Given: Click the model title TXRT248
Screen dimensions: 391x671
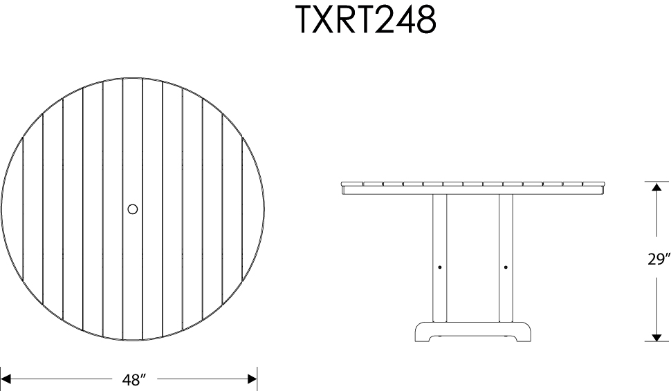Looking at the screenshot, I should (367, 20).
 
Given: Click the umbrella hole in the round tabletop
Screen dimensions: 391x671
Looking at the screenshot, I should (133, 209).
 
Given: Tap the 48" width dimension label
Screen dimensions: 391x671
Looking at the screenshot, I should (131, 379).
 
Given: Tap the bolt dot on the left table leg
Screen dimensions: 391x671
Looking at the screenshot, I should (441, 267).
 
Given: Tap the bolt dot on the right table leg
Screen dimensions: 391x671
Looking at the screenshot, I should (506, 267).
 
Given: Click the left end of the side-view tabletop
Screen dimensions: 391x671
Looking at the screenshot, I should (344, 186).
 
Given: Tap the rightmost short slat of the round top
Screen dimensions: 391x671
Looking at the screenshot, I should (252, 207).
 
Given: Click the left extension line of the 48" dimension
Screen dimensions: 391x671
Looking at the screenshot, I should (1, 379).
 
